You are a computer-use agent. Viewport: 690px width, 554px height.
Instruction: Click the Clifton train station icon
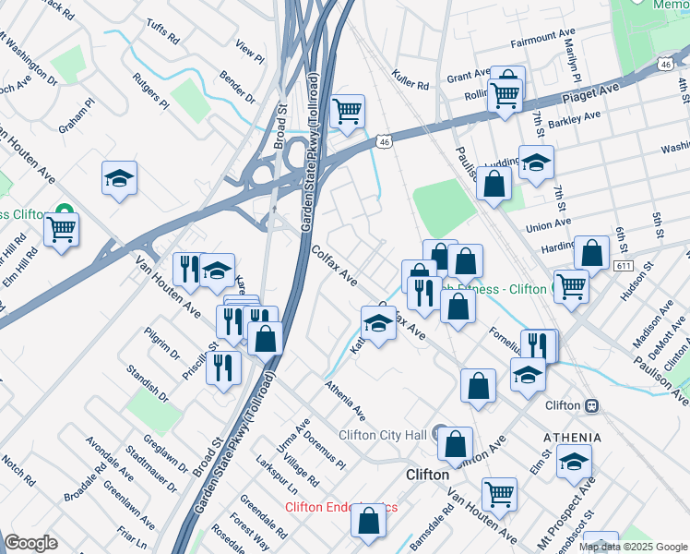591,405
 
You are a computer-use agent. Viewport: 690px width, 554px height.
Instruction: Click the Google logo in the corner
30,543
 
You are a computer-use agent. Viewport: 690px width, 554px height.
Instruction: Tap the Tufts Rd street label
162,32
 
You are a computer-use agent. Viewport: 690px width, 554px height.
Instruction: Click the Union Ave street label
548,224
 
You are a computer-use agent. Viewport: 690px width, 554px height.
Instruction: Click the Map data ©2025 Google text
632,546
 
